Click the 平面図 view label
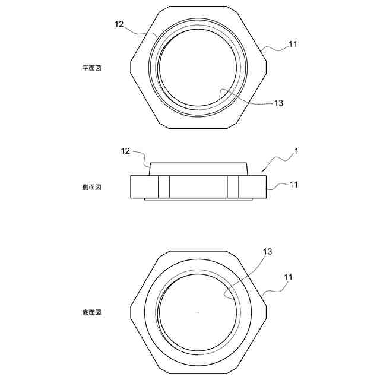click(x=92, y=68)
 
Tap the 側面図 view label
click(x=92, y=187)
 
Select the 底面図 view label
click(x=92, y=312)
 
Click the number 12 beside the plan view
click(x=119, y=24)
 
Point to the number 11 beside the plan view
click(x=293, y=43)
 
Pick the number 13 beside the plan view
click(x=278, y=103)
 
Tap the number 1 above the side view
click(x=296, y=151)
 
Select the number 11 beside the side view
click(x=293, y=185)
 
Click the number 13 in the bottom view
click(x=267, y=252)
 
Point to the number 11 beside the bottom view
click(x=288, y=277)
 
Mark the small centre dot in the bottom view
click(x=198, y=312)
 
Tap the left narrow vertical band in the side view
click(x=164, y=187)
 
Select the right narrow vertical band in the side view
click(x=232, y=187)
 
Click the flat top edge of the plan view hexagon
click(x=198, y=9)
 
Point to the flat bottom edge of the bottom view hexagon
click(x=198, y=374)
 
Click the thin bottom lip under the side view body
click(x=198, y=199)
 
